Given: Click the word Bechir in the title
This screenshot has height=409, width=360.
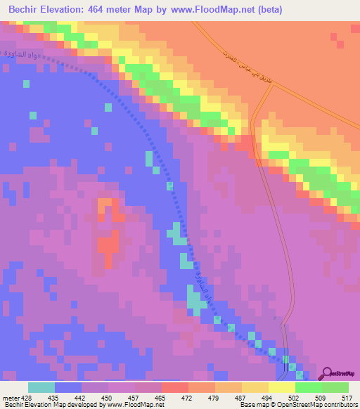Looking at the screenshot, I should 26,10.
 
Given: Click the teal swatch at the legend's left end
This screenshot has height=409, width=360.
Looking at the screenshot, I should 41,387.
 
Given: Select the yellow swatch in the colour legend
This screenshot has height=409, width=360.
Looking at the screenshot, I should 282,387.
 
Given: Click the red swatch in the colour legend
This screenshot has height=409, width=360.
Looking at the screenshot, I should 175,387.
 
